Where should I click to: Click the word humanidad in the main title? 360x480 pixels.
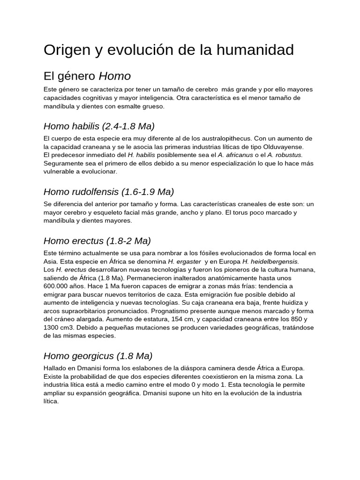255,50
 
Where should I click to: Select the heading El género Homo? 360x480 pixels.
87,76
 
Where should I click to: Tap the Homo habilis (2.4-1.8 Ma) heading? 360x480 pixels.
99,126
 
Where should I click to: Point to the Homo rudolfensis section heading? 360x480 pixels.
109,192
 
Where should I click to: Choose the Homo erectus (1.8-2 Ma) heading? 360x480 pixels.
97,241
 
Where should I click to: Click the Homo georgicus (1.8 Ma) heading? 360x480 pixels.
98,356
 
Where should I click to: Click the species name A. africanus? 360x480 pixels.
235,155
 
